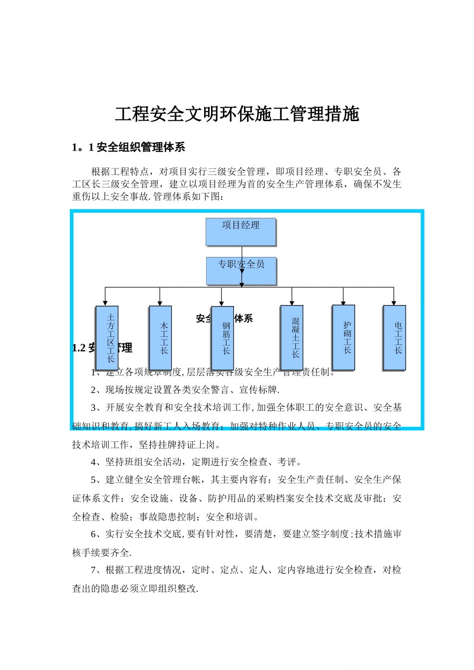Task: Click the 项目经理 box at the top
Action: coord(240,232)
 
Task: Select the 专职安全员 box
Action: coord(241,271)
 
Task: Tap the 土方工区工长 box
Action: coord(107,337)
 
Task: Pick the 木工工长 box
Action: coord(160,337)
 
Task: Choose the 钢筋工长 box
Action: coord(222,337)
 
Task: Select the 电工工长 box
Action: coord(394,337)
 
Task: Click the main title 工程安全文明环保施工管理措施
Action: coord(237,114)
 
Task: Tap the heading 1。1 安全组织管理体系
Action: coord(129,147)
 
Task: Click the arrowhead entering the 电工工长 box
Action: coord(394,303)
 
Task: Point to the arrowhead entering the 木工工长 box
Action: coord(160,303)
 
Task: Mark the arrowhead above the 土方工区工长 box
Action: coord(105,303)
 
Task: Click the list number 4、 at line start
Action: coord(96,462)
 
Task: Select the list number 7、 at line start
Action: coord(96,570)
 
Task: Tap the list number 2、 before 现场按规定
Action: coord(96,390)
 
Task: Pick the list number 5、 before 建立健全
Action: coord(96,480)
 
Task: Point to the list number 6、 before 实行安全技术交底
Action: coord(96,534)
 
